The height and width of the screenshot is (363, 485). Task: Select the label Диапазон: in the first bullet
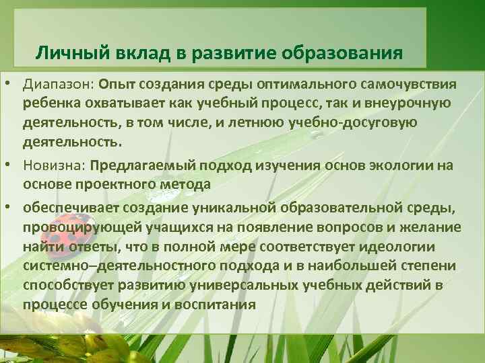point(57,85)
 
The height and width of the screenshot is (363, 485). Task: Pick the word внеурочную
point(411,103)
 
